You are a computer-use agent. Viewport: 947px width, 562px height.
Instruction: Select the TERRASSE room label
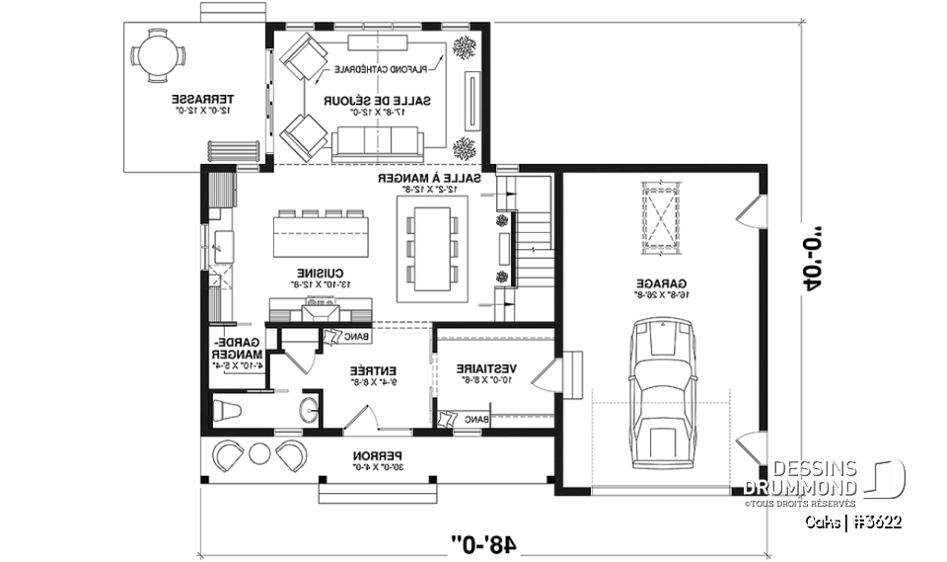pyautogui.click(x=203, y=105)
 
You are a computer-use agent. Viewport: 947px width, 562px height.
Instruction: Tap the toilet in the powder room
pyautogui.click(x=229, y=410)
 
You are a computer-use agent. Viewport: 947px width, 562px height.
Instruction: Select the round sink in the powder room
pyautogui.click(x=309, y=409)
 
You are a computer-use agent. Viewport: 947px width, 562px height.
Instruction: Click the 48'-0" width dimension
pyautogui.click(x=487, y=541)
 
